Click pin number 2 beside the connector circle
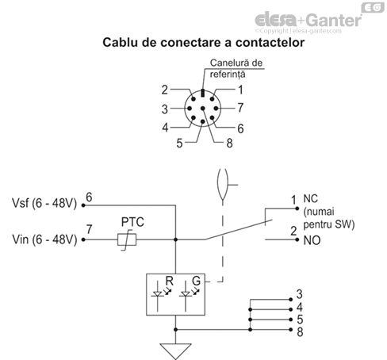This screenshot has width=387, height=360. tap(165, 90)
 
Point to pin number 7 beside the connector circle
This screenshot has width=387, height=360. tap(240, 106)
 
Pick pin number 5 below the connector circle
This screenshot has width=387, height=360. tap(180, 143)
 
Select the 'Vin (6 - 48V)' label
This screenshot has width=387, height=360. tap(43, 238)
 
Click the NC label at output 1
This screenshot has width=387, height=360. tap(309, 200)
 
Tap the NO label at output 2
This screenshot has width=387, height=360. tap(309, 239)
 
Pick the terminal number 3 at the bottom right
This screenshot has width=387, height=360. tap(299, 294)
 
